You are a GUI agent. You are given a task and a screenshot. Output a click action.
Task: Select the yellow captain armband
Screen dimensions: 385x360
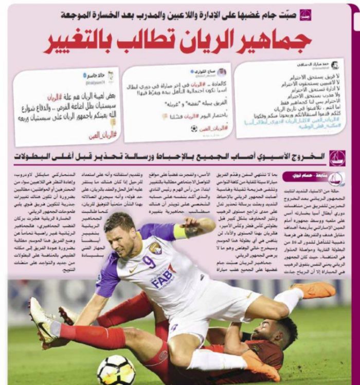[180, 232]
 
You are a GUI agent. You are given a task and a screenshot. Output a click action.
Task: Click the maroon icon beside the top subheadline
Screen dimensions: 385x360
[305, 14]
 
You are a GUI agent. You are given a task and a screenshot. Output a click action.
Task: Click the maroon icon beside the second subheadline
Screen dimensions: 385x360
[337, 157]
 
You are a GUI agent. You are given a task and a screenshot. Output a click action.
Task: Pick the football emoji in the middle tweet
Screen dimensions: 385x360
[194, 129]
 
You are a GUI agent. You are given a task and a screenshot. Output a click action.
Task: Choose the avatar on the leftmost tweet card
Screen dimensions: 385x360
[110, 76]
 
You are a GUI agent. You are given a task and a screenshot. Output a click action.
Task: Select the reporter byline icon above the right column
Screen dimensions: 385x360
[336, 178]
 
